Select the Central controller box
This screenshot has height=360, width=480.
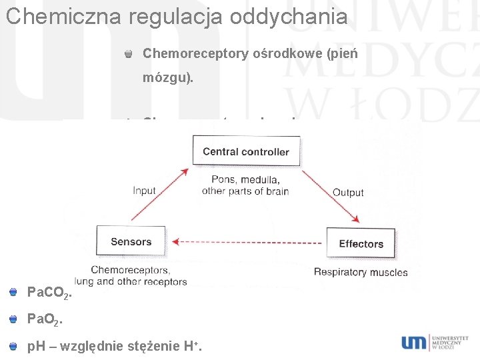point(246,151)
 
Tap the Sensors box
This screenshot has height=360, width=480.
point(131,241)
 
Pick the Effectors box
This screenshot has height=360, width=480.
point(361,243)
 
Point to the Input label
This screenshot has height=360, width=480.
point(144,190)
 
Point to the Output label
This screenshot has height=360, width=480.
point(348,193)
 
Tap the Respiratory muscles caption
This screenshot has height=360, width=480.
point(361,272)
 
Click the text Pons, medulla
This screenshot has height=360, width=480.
point(245,179)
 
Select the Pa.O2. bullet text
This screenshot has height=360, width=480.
point(43,320)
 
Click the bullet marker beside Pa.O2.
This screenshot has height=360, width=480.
point(13,319)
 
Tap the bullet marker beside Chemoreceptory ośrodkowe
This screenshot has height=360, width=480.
point(129,53)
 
